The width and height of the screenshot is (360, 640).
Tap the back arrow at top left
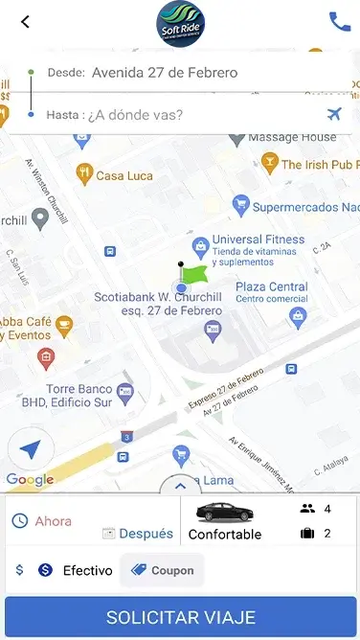[25, 21]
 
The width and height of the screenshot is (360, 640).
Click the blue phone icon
[339, 21]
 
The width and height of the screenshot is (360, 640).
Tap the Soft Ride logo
[180, 23]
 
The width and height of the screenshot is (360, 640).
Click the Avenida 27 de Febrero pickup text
[165, 73]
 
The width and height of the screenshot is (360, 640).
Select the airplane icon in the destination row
[334, 115]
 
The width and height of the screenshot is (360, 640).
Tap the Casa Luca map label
[124, 175]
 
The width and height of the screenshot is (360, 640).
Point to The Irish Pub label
[319, 165]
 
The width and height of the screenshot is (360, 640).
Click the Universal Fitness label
[258, 240]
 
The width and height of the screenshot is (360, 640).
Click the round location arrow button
[31, 449]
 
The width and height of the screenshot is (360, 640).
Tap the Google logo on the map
[30, 480]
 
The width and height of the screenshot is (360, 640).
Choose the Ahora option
[53, 521]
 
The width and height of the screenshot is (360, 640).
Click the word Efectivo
[87, 570]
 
